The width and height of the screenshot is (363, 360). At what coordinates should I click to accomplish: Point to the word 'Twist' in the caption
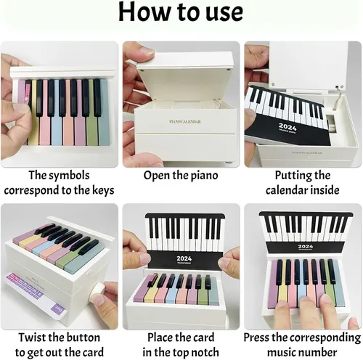pos(32,337)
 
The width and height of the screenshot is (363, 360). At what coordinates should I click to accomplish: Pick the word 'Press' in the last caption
pos(256,337)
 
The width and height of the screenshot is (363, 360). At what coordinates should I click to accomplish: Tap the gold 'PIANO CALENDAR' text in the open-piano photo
pos(185,121)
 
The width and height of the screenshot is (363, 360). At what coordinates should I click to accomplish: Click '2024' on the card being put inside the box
pos(287,127)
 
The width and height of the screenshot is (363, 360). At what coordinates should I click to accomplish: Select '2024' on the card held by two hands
pos(184,258)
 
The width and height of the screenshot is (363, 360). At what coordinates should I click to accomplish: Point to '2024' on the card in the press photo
pos(306,246)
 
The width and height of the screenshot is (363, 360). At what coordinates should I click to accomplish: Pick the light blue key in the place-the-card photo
pos(171,289)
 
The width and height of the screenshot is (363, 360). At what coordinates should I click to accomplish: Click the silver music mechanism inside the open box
pos(331,123)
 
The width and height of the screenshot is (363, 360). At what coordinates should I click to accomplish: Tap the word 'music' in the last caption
pos(282,352)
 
